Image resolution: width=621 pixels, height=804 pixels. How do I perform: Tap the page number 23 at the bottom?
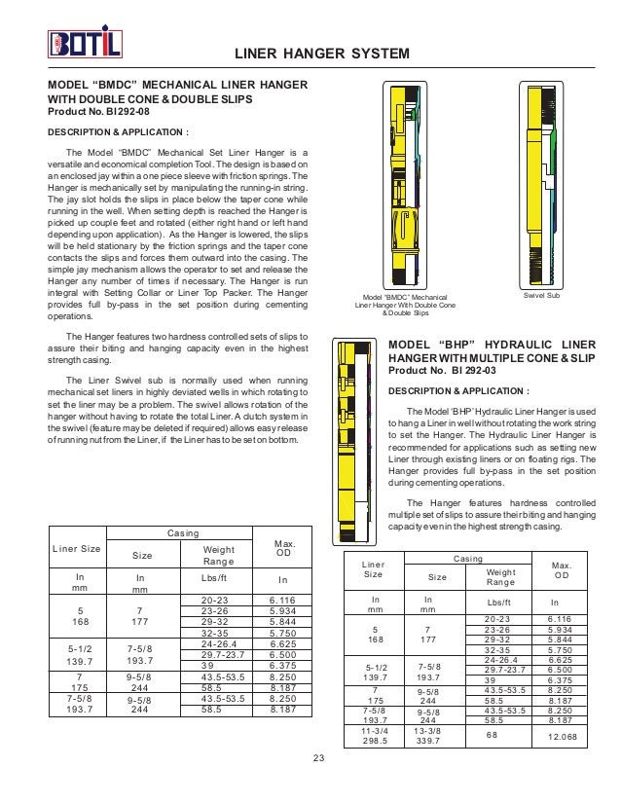click(x=309, y=758)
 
